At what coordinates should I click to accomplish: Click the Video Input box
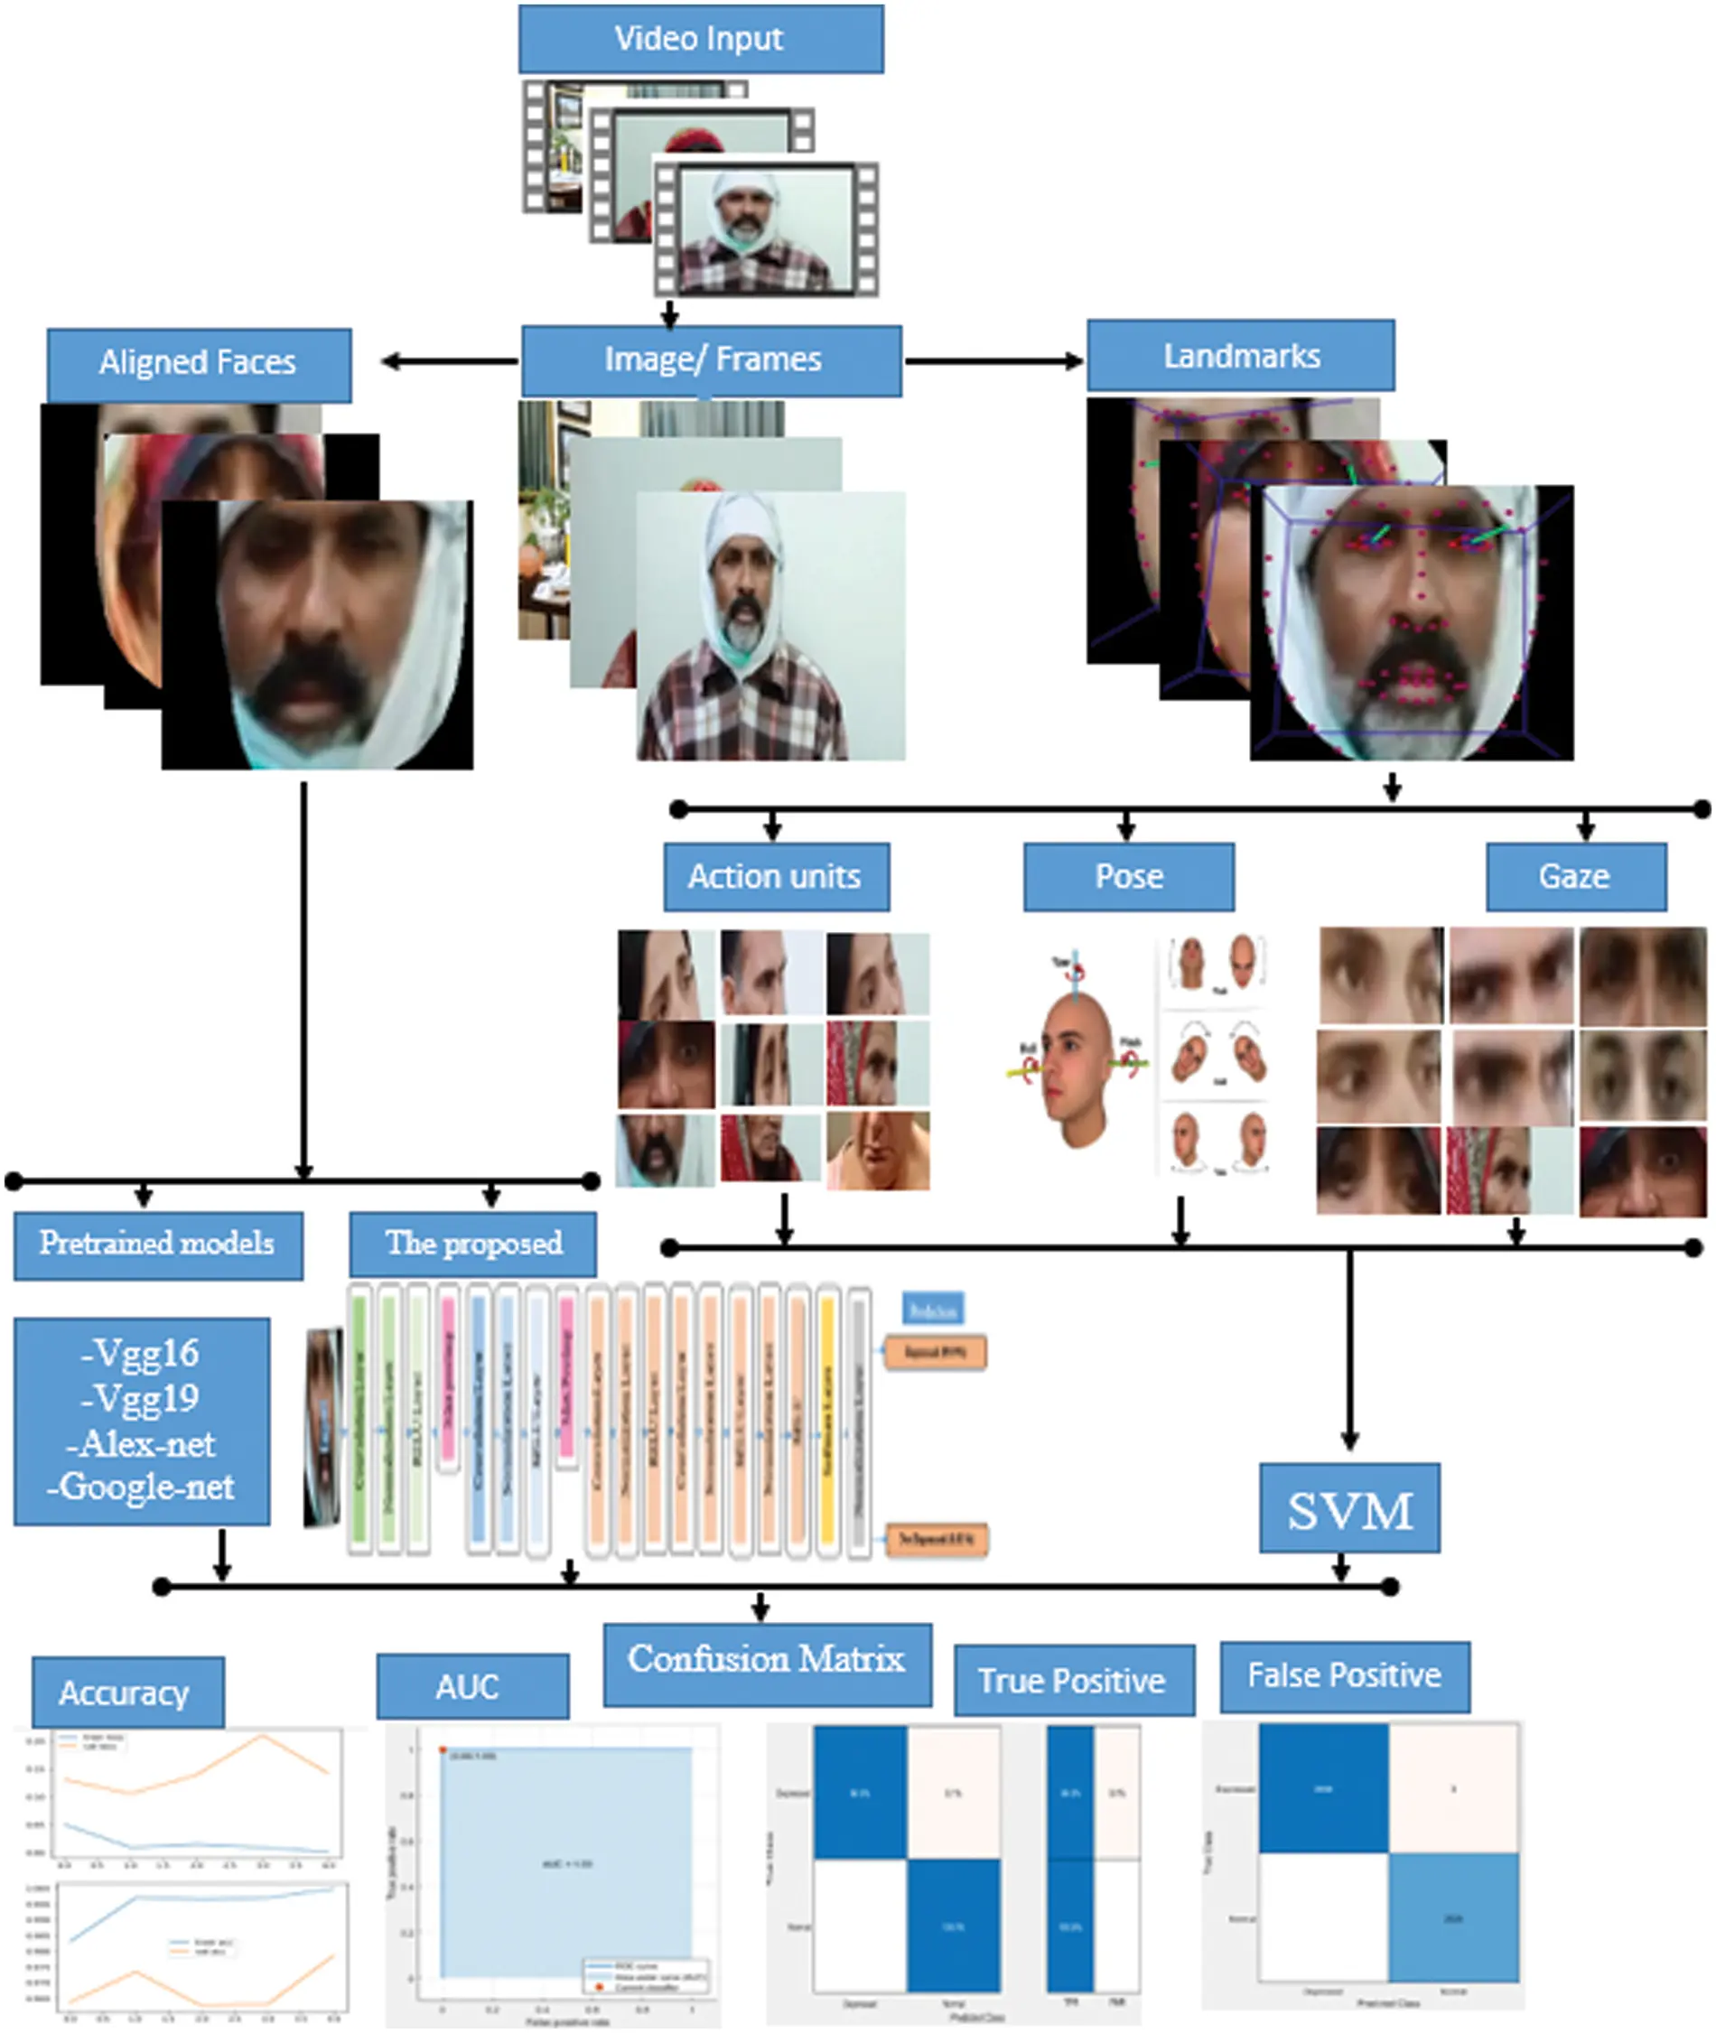[701, 39]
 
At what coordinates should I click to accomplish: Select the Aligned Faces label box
[199, 364]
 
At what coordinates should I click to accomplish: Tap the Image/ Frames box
[711, 360]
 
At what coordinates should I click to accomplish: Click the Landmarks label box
[1240, 355]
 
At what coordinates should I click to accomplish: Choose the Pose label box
[1128, 876]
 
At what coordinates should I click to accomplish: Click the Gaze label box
[1575, 876]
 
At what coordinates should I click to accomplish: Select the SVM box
[1349, 1510]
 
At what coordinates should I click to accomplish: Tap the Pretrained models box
[157, 1245]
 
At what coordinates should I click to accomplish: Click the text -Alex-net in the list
[142, 1443]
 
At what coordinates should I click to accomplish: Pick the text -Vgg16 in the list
[142, 1353]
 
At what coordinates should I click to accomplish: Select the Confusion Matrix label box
[767, 1659]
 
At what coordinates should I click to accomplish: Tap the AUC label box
[471, 1685]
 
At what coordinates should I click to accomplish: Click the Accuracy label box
[126, 1693]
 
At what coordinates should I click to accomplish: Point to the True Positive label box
[1073, 1680]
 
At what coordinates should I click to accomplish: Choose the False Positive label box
[1345, 1675]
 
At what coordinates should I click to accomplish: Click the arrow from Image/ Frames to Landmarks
[993, 361]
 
